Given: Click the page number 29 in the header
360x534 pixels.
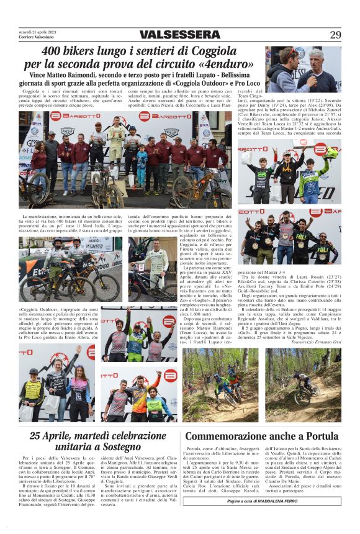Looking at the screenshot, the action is [x=335, y=35].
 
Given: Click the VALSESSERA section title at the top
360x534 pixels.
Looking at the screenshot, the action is [x=180, y=35].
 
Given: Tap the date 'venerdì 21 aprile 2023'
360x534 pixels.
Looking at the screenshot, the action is [x=38, y=32].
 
